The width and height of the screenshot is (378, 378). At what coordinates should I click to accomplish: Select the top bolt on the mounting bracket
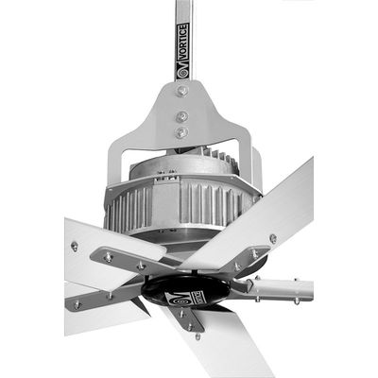point(182,91)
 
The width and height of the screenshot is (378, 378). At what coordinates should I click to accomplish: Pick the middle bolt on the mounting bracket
point(182,117)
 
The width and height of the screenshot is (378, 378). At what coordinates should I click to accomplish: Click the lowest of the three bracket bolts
point(181,132)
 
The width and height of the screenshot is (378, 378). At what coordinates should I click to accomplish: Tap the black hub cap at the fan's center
point(186,291)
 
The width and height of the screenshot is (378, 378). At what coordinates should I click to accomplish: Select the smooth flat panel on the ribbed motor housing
point(166,202)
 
